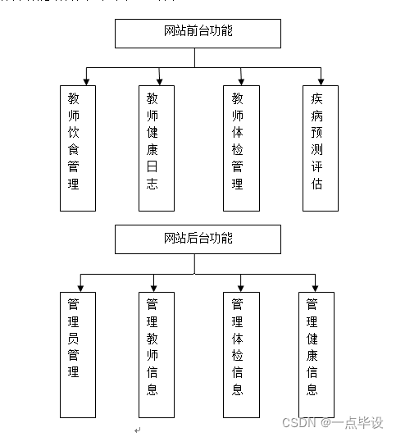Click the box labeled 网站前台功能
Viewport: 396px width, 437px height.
[198, 33]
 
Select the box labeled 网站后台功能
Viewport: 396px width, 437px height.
[198, 239]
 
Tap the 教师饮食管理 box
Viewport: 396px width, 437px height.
[78, 148]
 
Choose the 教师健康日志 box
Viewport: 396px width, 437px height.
[156, 148]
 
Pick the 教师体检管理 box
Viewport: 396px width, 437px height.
[241, 148]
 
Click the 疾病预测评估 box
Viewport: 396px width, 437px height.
[320, 148]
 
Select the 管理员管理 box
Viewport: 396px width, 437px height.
[77, 354]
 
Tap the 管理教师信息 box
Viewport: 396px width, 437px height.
[156, 354]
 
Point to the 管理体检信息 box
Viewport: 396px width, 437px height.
[241, 354]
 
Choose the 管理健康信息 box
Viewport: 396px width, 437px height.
[316, 354]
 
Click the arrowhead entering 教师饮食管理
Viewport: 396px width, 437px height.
[85, 80]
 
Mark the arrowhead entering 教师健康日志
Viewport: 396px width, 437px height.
[160, 80]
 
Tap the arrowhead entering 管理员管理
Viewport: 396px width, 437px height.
[86, 287]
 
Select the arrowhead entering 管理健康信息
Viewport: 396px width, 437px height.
[315, 287]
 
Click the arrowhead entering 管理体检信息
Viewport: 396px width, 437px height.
[241, 287]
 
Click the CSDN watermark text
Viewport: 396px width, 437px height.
[332, 422]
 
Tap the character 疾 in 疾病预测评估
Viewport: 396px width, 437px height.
[317, 98]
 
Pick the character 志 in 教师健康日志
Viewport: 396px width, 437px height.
[152, 184]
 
